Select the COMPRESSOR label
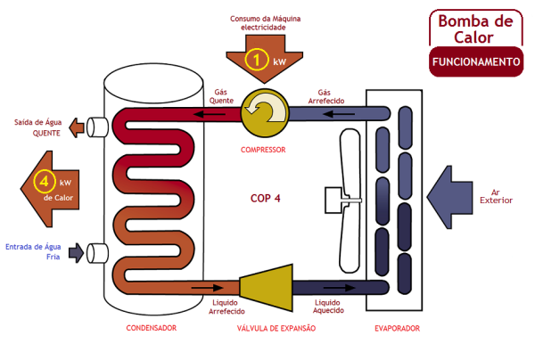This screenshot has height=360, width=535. (263, 150)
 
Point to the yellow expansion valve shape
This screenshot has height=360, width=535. (267, 286)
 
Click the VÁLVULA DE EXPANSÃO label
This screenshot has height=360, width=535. (276, 329)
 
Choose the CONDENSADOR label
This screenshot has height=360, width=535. (152, 329)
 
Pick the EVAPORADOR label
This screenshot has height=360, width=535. (397, 329)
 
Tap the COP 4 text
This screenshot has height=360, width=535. (265, 198)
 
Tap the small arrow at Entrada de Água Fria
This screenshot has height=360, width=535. (77, 252)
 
